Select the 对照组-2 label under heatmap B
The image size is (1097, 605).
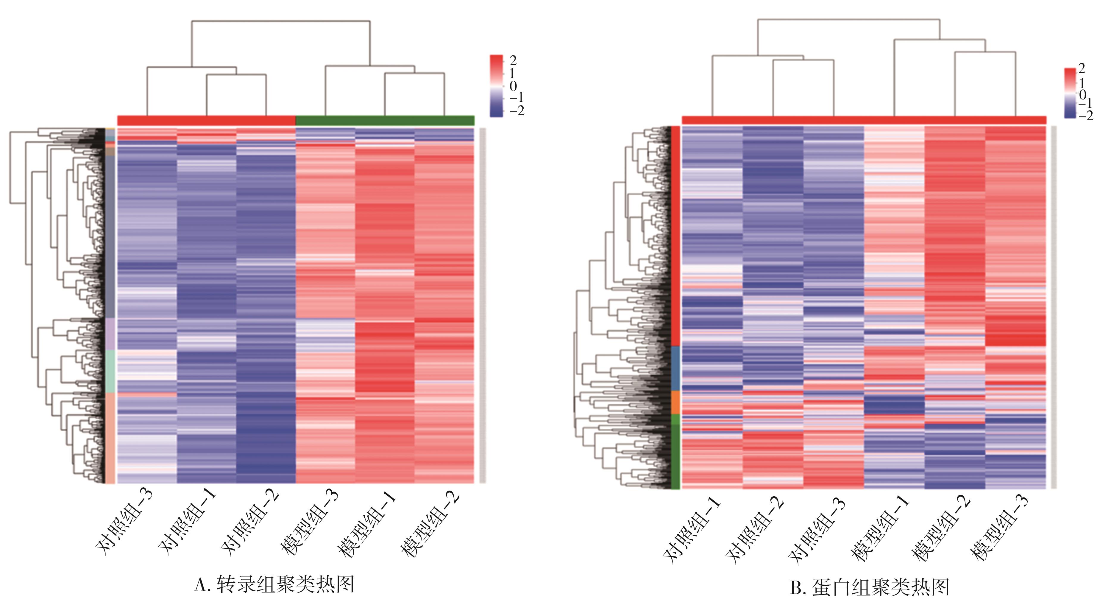[754, 528]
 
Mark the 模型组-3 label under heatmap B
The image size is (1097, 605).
[999, 528]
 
